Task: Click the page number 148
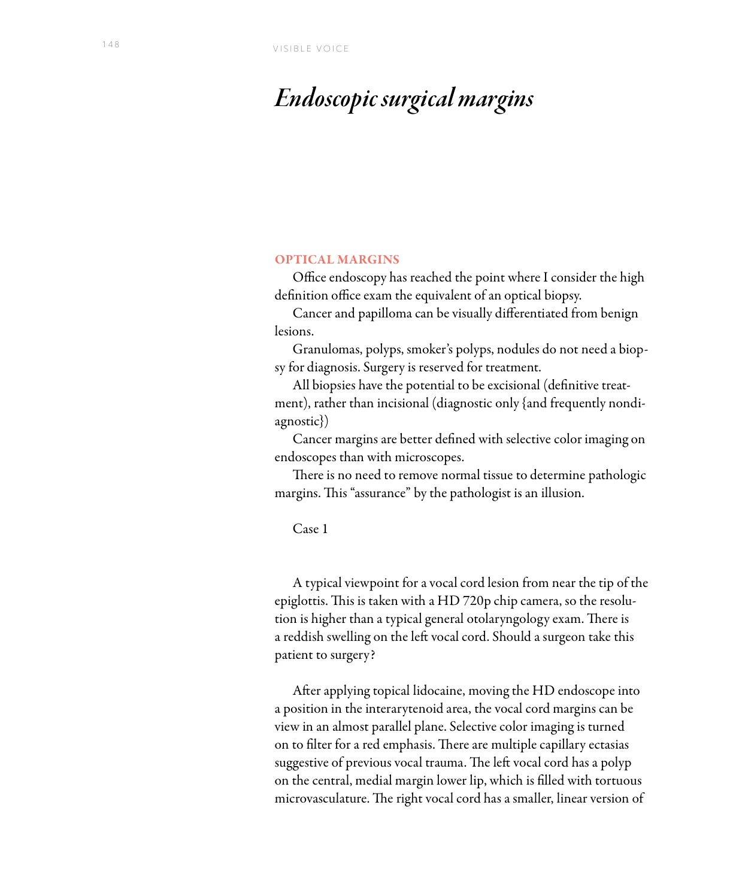[x=111, y=45]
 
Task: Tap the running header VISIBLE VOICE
[x=311, y=49]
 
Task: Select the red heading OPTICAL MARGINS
[x=337, y=260]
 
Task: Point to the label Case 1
[x=310, y=529]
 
